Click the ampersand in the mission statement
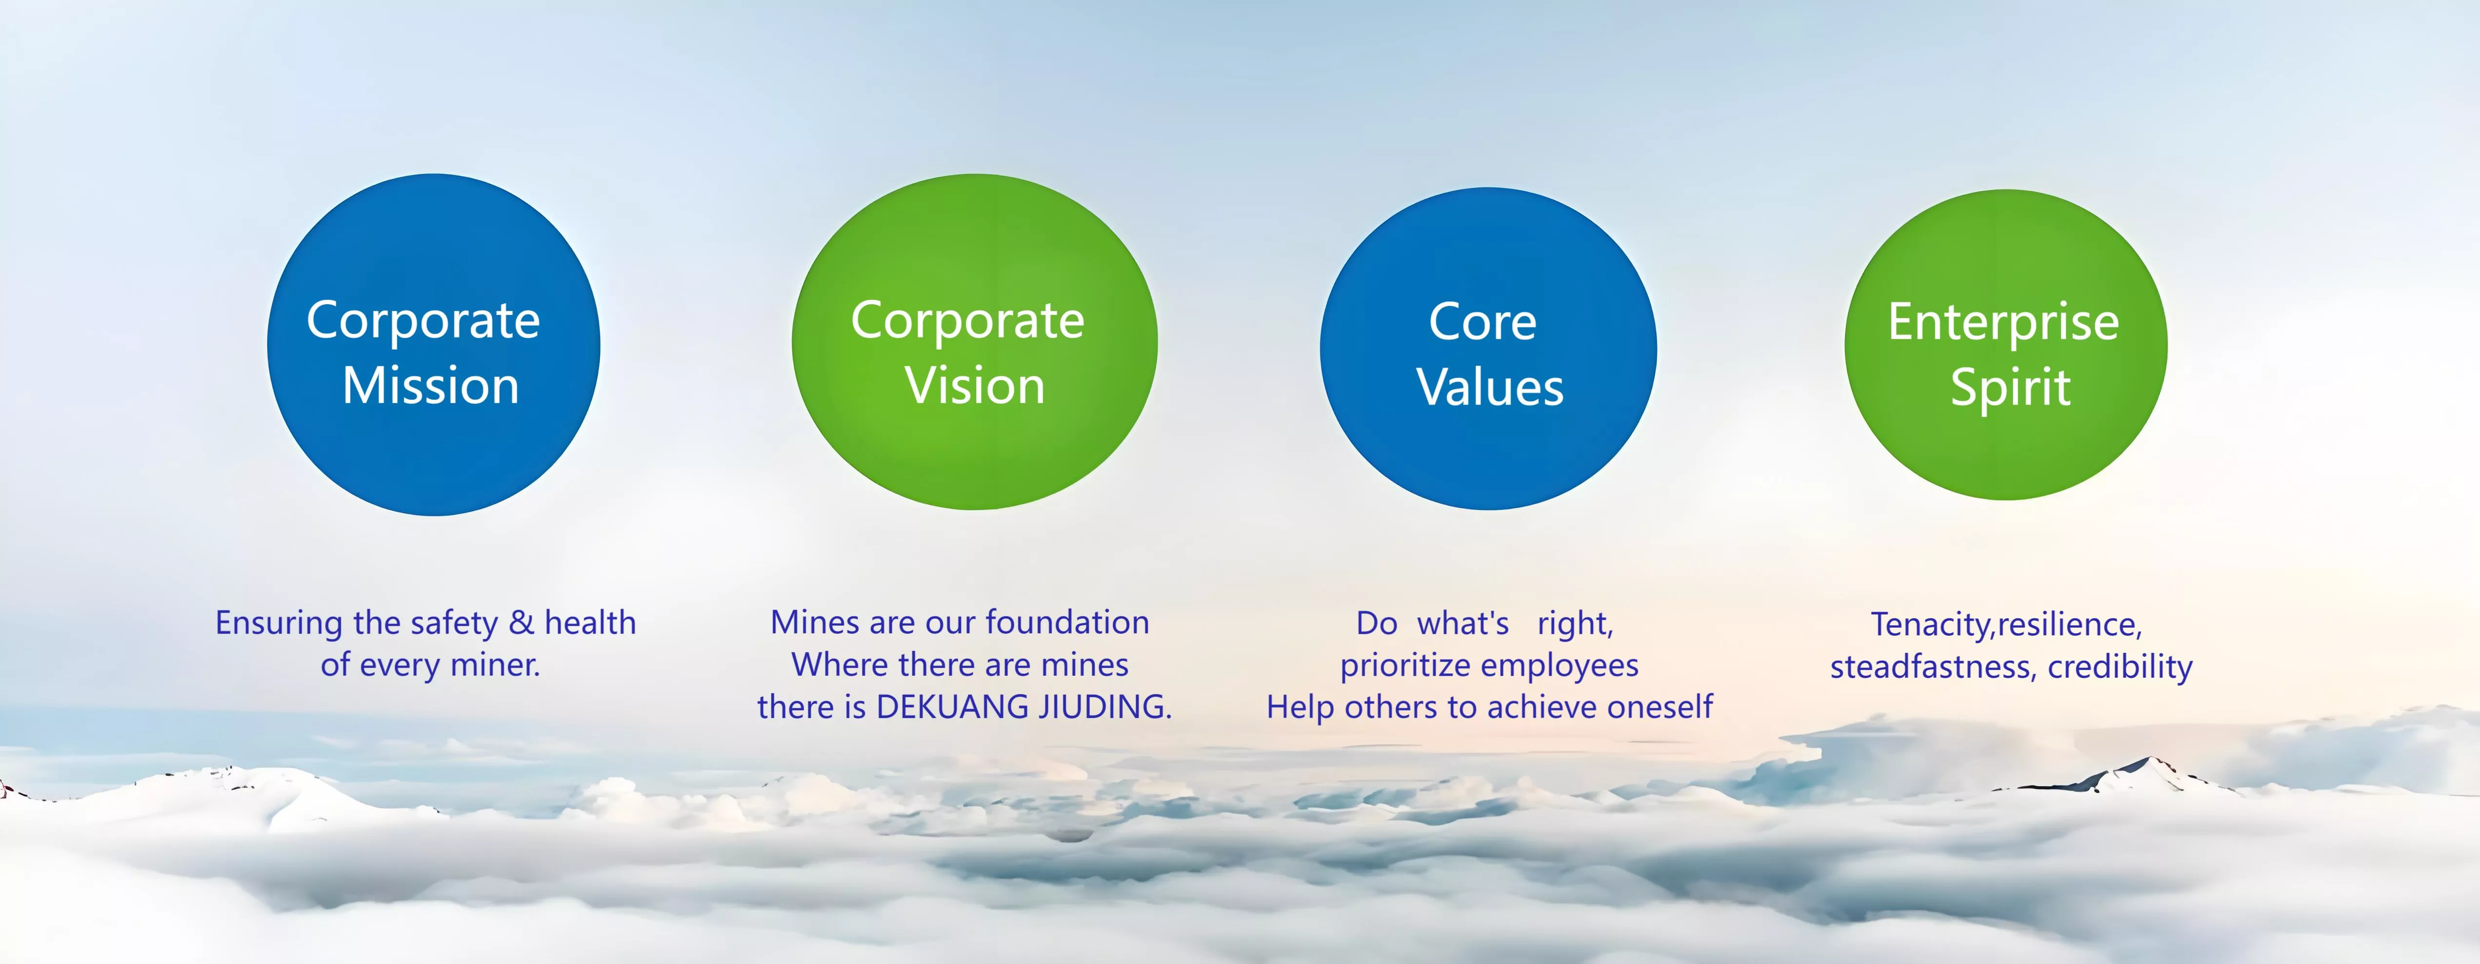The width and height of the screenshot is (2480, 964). [x=521, y=623]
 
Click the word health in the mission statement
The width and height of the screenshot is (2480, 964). [x=590, y=623]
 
